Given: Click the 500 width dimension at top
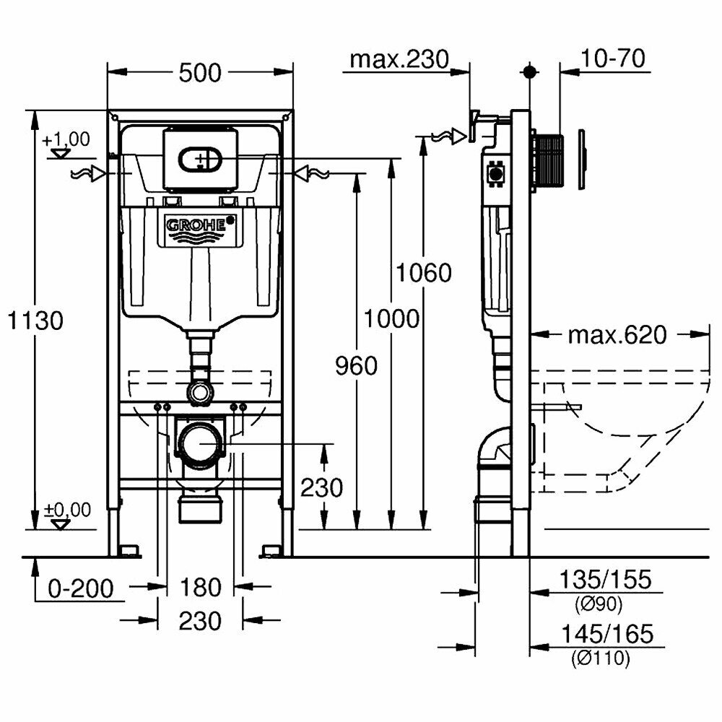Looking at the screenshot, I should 200,72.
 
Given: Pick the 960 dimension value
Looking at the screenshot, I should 356,366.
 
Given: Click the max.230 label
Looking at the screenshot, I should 399,59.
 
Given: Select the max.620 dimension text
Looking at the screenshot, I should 617,335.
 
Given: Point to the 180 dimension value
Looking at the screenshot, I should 200,588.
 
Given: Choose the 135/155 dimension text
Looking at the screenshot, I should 605,579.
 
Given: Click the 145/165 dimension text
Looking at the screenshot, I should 605,635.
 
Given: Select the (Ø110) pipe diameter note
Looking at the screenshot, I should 599,658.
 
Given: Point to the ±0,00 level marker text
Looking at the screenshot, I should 68,510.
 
